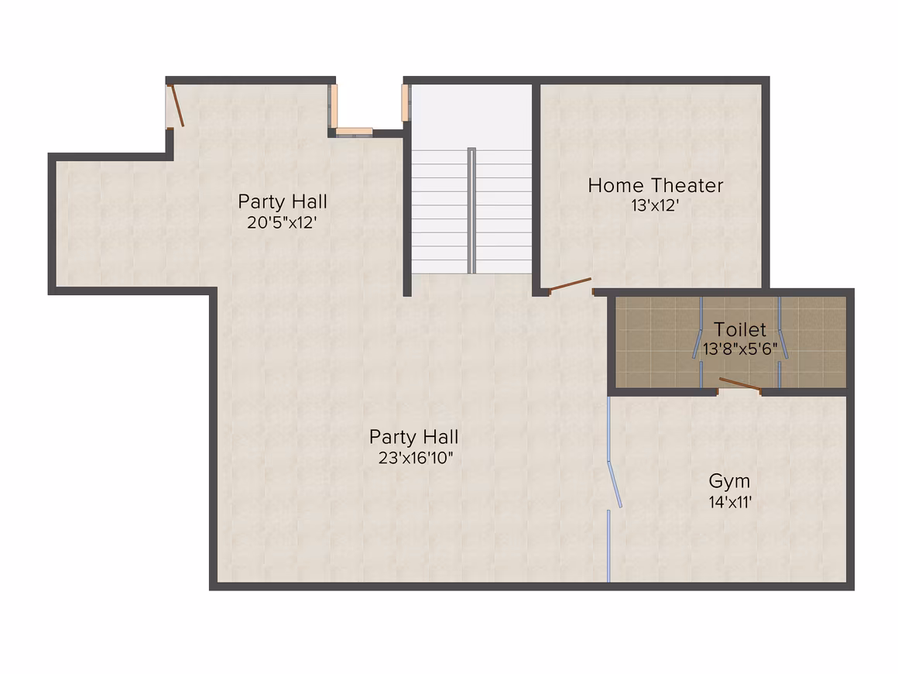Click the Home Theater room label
click(x=655, y=186)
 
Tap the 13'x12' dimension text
click(x=655, y=205)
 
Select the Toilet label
click(x=739, y=329)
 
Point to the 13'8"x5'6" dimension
click(x=740, y=349)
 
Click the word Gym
click(x=729, y=481)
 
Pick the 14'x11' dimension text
click(x=730, y=502)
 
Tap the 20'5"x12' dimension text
click(x=282, y=222)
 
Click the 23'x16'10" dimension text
click(x=416, y=458)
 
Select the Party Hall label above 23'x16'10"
click(x=413, y=437)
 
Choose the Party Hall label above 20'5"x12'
click(x=283, y=201)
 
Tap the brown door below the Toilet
click(x=740, y=384)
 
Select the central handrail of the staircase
click(x=471, y=211)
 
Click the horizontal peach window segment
click(x=354, y=131)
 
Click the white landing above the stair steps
click(x=472, y=117)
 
